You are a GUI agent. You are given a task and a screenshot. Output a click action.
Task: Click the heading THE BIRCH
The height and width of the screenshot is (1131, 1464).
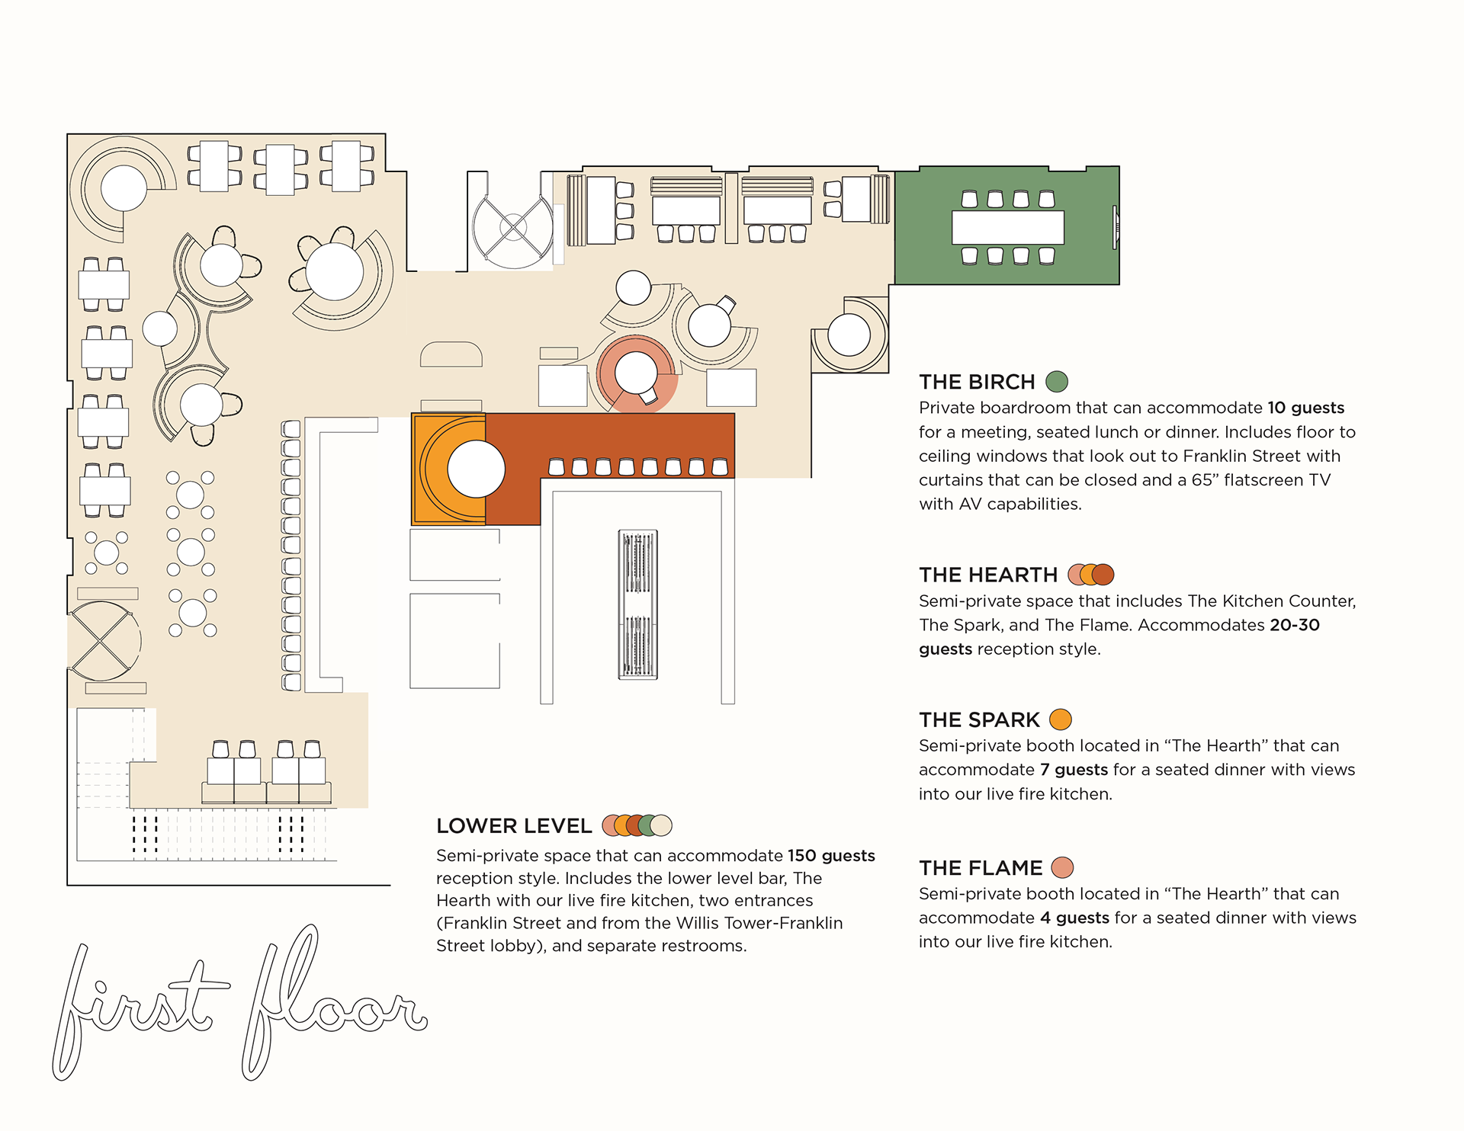pos(977,382)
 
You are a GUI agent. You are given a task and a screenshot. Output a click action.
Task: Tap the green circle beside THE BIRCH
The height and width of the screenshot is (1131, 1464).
pos(1057,381)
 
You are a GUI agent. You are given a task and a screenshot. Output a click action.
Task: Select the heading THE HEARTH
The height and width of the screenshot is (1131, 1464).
pos(988,575)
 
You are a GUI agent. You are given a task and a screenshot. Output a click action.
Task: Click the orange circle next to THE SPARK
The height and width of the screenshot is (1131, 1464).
pos(1061,719)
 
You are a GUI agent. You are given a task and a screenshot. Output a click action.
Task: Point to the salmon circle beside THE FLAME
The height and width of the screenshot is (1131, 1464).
pos(1062,867)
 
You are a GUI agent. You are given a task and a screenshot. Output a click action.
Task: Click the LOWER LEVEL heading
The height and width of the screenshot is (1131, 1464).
pos(514,826)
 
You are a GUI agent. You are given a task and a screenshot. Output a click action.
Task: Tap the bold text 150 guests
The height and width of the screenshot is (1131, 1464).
pos(831,856)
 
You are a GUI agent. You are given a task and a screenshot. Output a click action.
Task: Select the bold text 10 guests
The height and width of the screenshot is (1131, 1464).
pos(1305,408)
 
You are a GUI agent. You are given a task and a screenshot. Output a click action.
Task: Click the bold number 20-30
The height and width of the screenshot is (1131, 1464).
pos(1295,625)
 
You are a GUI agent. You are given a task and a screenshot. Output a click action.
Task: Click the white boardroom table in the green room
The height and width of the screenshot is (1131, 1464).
pos(1007,227)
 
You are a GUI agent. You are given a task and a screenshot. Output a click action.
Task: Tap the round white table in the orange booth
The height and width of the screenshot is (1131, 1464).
pos(476,469)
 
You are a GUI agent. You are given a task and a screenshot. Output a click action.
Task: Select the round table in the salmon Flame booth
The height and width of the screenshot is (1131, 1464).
pos(636,373)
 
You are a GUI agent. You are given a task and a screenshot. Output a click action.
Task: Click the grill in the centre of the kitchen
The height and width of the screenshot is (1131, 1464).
pos(637,604)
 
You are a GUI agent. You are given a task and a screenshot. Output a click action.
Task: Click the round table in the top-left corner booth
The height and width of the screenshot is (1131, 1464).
pos(124,188)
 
